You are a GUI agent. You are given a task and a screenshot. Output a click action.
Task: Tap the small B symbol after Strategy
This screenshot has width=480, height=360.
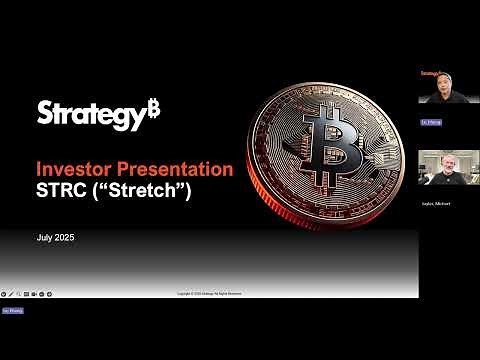pyautogui.click(x=153, y=108)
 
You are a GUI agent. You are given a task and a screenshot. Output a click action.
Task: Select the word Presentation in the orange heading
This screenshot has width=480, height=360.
pyautogui.click(x=178, y=168)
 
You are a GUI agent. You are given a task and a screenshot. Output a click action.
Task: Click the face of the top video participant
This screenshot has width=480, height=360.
pyautogui.click(x=440, y=87)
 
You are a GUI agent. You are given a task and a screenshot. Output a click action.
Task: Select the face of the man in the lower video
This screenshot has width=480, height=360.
pyautogui.click(x=439, y=162)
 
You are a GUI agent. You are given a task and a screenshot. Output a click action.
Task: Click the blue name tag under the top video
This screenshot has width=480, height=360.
pyautogui.click(x=427, y=122)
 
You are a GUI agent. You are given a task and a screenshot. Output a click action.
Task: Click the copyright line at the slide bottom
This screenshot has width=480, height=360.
pyautogui.click(x=209, y=294)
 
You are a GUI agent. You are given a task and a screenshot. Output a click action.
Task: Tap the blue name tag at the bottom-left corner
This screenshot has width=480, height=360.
pyautogui.click(x=11, y=311)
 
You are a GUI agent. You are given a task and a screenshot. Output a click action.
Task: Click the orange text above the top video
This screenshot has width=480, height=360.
pyautogui.click(x=430, y=73)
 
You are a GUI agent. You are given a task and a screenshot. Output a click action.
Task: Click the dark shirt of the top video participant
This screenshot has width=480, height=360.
pyautogui.click(x=440, y=100)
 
